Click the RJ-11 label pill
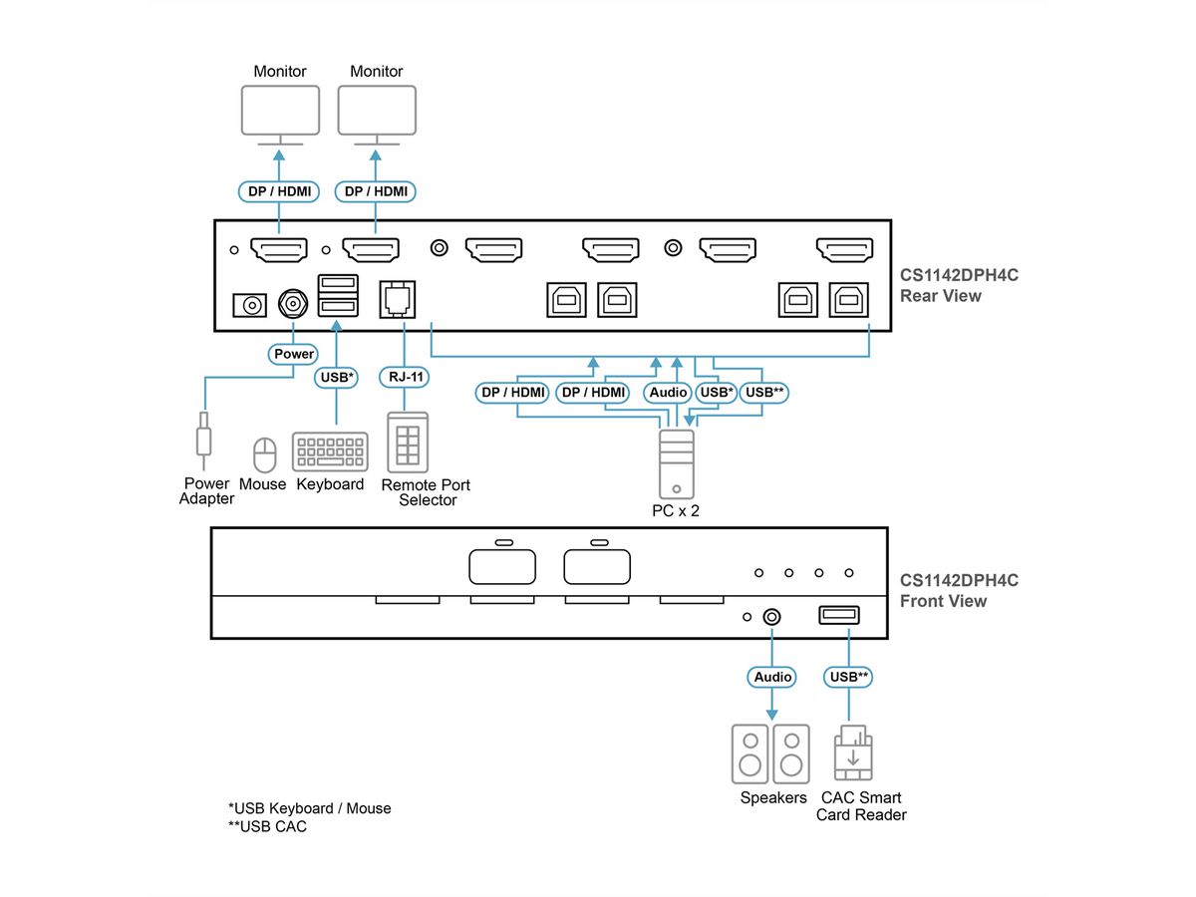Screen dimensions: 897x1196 click(x=403, y=378)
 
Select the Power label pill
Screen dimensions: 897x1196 click(x=293, y=354)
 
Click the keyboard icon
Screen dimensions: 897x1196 click(x=329, y=451)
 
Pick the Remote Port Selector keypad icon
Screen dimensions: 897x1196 click(x=408, y=442)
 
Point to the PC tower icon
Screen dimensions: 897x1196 click(x=676, y=462)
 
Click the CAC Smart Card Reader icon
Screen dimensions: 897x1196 click(x=852, y=753)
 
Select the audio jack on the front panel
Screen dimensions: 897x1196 click(x=771, y=617)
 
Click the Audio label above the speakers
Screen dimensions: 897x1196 click(x=772, y=677)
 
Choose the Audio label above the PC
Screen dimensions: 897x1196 click(x=668, y=393)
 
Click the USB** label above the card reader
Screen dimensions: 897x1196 click(x=849, y=677)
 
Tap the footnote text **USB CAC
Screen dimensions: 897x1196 click(x=267, y=826)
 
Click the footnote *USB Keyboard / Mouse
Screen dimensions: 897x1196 click(x=309, y=808)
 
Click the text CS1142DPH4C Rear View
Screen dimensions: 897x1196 click(x=946, y=286)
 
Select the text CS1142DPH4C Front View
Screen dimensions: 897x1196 click(x=946, y=590)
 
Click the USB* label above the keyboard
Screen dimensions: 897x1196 click(x=337, y=378)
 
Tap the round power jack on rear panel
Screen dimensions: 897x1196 click(x=293, y=302)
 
